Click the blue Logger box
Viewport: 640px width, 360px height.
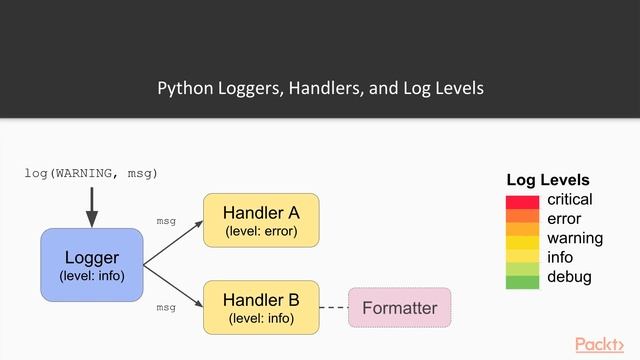tap(92, 265)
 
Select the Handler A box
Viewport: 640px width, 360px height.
tap(261, 221)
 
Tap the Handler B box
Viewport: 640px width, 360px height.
tap(261, 307)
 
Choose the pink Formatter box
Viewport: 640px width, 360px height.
tap(399, 308)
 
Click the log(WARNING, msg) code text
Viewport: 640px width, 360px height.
tap(91, 174)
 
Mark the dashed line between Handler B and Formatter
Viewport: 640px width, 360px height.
tap(333, 307)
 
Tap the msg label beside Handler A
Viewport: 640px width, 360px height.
tap(166, 221)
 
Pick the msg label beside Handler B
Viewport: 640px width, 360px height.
tap(166, 308)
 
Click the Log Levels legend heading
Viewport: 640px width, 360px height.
tap(548, 180)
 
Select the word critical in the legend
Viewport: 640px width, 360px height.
tap(570, 200)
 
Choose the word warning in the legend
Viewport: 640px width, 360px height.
tap(575, 238)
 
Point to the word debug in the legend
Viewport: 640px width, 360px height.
tap(569, 277)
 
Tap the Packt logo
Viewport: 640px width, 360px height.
tap(605, 344)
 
